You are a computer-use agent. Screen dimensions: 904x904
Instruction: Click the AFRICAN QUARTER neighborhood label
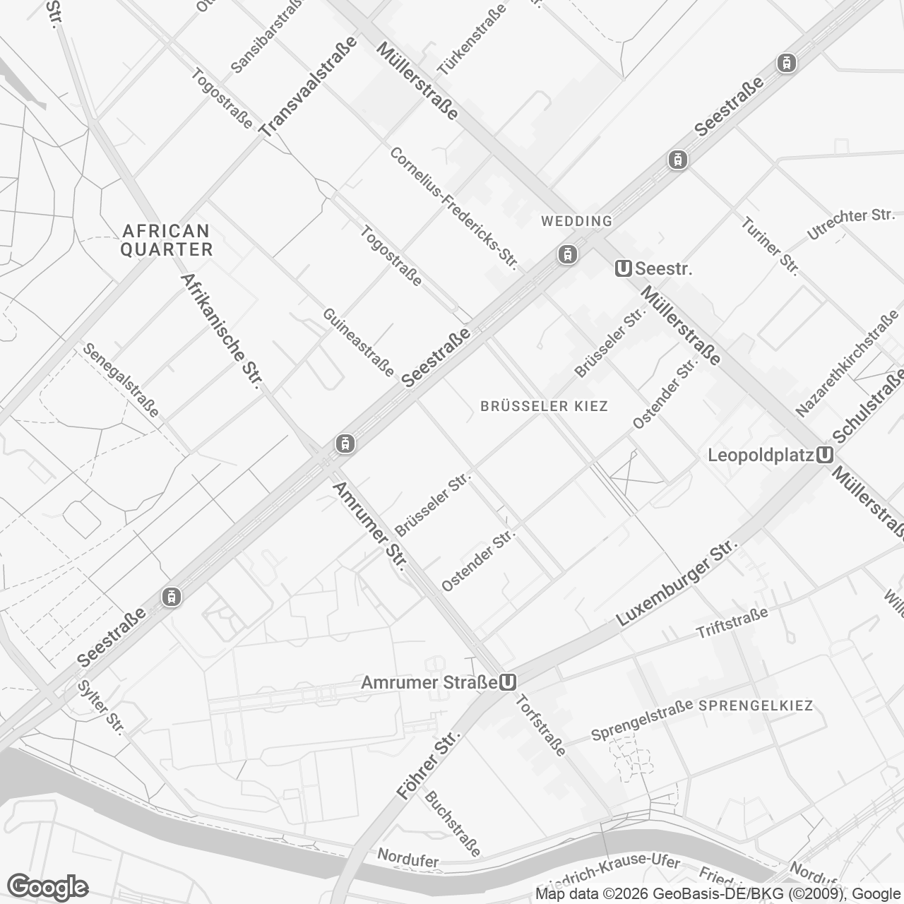(167, 240)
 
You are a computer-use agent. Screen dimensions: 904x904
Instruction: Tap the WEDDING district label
(576, 221)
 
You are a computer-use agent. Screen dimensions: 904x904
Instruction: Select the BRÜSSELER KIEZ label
(544, 406)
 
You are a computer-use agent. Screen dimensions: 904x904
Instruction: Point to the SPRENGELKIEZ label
(756, 706)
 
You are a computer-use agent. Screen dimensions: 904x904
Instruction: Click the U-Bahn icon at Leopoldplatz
(823, 456)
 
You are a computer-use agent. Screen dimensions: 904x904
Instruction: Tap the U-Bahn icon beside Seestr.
(623, 268)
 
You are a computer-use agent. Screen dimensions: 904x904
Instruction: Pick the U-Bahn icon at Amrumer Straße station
(507, 683)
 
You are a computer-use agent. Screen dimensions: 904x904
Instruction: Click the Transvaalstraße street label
(307, 86)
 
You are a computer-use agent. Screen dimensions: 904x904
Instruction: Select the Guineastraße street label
(359, 343)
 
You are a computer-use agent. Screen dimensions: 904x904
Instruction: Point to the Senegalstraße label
(121, 380)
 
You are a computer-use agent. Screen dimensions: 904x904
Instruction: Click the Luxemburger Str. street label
(677, 584)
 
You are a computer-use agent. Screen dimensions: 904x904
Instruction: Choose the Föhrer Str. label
(428, 766)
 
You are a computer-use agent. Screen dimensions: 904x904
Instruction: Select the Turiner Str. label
(770, 246)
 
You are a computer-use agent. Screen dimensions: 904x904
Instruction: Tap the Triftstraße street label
(732, 623)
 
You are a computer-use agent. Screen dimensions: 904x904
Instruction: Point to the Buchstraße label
(452, 823)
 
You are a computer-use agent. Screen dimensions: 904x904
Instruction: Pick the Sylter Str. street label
(101, 708)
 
